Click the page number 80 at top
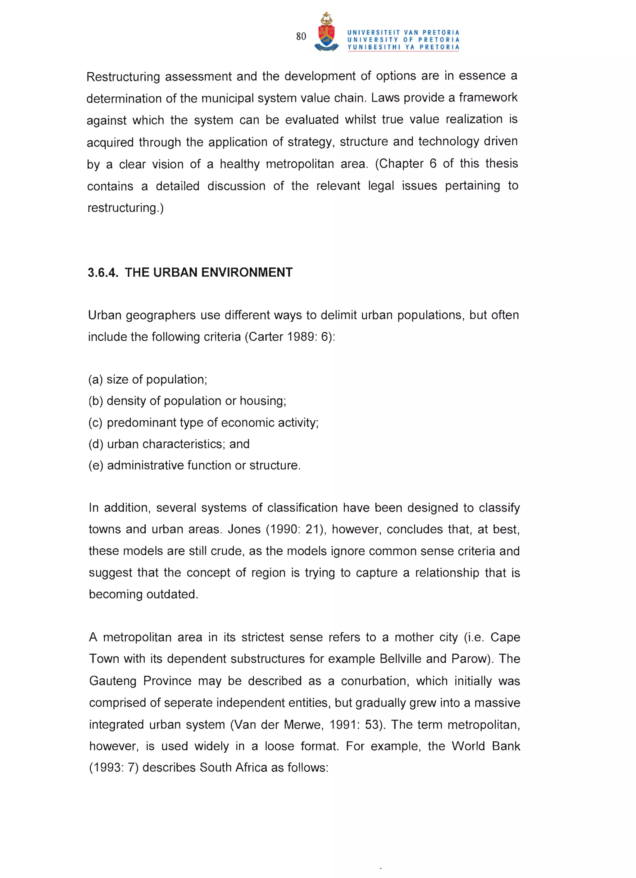[x=301, y=36]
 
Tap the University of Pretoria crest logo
[x=326, y=33]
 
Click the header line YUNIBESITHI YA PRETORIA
[x=403, y=47]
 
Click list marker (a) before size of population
[x=96, y=380]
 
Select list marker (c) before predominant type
[x=96, y=422]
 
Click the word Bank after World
[x=506, y=746]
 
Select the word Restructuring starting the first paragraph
[x=123, y=77]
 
